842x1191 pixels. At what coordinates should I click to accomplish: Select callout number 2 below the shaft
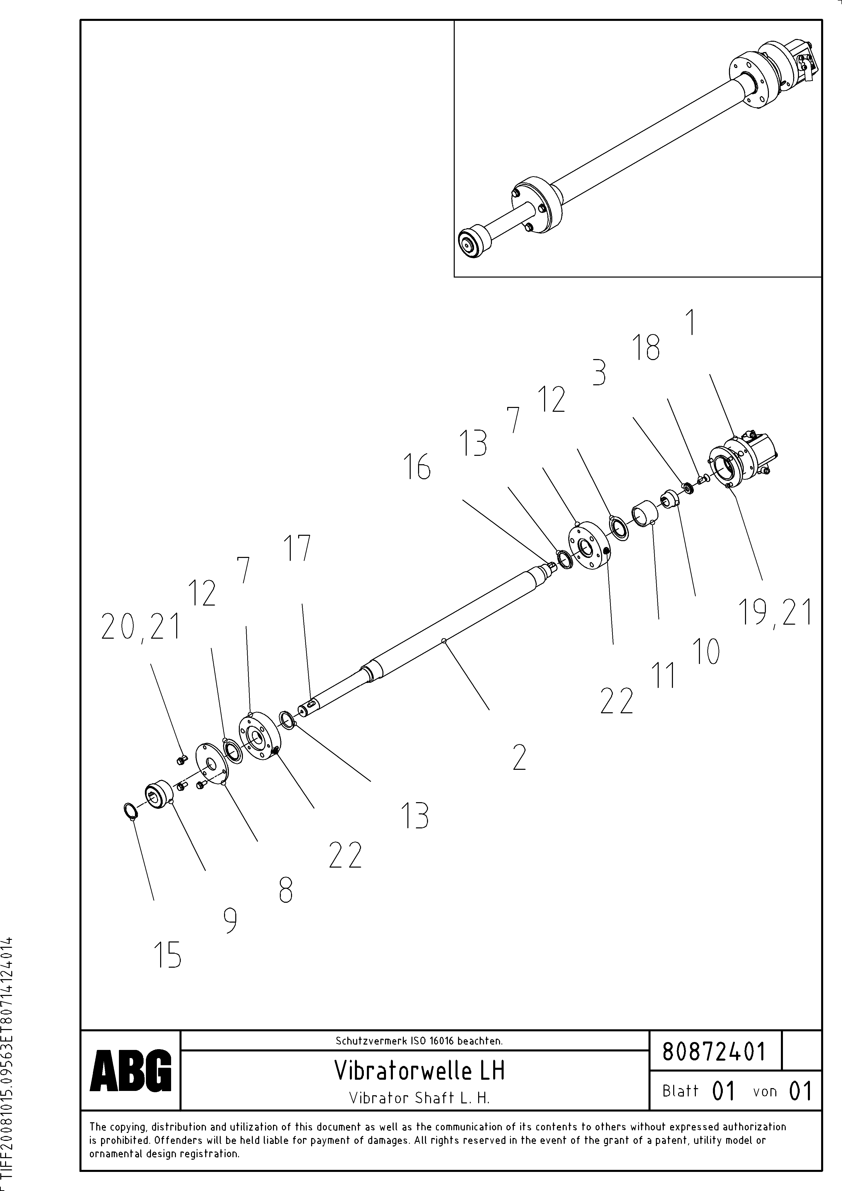pos(519,757)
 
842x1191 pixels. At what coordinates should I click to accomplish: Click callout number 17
pos(297,548)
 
